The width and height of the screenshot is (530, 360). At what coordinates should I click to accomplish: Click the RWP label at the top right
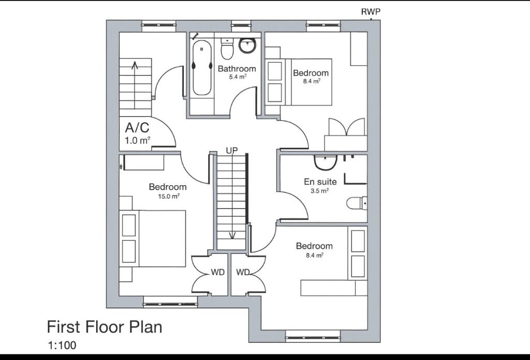(371, 12)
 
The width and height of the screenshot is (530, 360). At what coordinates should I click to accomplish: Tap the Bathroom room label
(237, 69)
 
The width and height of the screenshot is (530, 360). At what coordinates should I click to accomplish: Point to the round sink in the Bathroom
(247, 46)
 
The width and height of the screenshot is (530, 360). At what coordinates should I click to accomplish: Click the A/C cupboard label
(137, 128)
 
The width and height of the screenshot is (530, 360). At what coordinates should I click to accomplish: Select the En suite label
(320, 182)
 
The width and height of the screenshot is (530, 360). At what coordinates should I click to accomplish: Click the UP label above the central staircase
(231, 151)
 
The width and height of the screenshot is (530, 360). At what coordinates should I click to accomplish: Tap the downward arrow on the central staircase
(232, 234)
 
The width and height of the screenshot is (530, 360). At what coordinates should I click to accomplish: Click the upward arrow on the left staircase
(135, 65)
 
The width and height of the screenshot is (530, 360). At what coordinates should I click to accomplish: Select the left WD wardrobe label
(217, 272)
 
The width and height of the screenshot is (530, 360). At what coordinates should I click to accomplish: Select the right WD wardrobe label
(243, 272)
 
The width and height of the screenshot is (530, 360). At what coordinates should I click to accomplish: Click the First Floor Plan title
(105, 327)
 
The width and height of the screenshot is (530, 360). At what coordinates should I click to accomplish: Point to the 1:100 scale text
(62, 345)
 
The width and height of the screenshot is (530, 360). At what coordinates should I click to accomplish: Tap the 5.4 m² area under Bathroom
(238, 77)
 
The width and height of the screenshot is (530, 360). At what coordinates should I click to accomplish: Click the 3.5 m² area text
(320, 191)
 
